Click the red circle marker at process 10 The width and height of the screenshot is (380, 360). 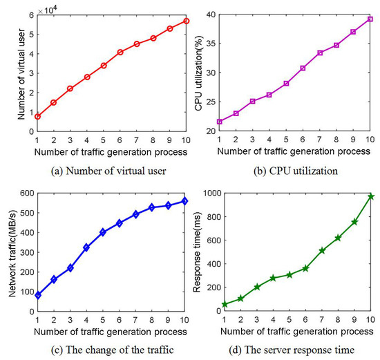(x=187, y=21)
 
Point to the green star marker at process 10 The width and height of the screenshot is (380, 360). (x=370, y=196)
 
